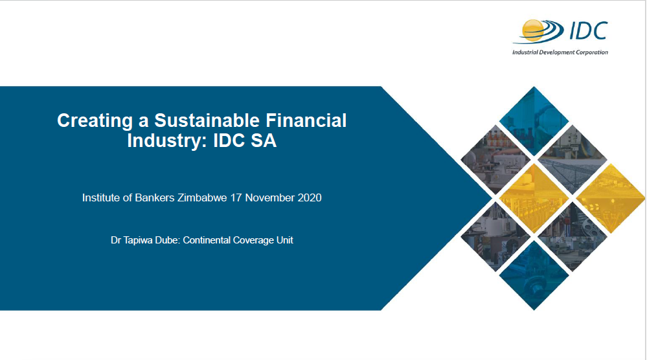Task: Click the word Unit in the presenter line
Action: tap(285, 240)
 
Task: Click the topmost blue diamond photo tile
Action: tap(534, 121)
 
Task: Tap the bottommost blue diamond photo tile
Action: tap(534, 275)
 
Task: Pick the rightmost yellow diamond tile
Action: tap(610, 197)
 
